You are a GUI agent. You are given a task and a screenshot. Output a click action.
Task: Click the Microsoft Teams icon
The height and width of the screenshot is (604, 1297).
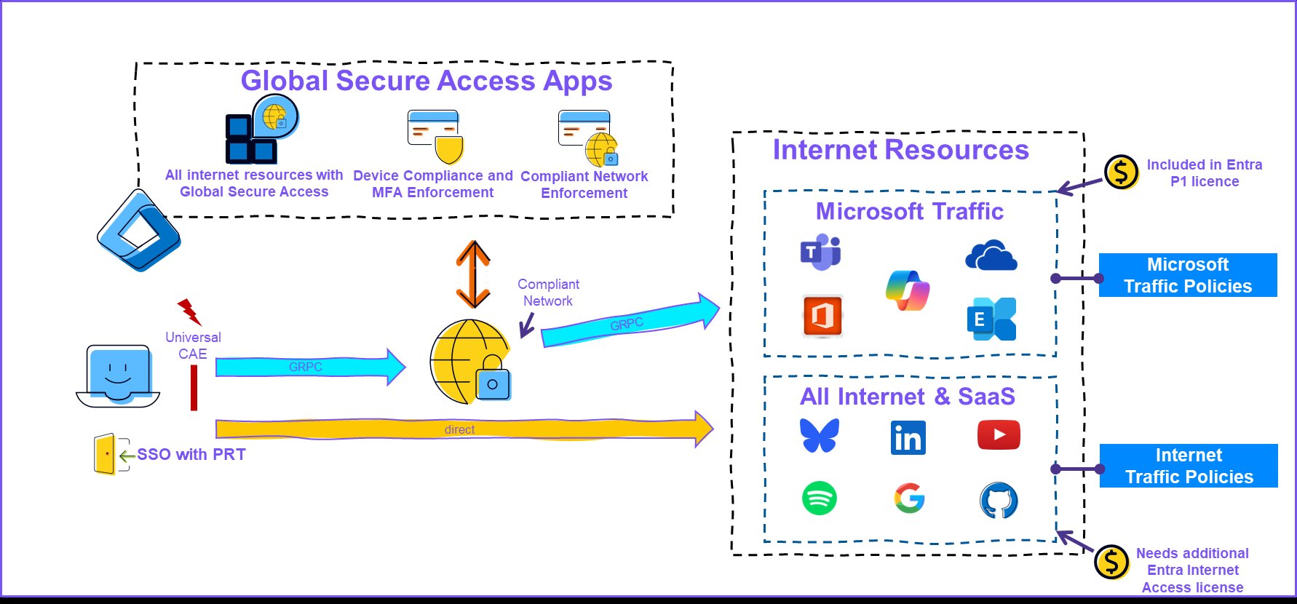[821, 253]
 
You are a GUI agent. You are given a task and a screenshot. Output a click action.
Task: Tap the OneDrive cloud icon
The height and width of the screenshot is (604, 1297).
[991, 256]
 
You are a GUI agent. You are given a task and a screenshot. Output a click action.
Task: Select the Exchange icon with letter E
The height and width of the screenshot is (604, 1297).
[992, 319]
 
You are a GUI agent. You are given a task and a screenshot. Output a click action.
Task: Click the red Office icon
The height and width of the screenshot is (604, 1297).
[822, 316]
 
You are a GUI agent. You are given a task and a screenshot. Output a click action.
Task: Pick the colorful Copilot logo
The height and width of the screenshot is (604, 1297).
[908, 290]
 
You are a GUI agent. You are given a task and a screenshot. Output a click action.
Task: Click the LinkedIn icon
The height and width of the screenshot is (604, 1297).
[908, 438]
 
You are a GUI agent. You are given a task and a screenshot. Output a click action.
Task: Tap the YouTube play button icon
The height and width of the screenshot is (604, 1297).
[999, 435]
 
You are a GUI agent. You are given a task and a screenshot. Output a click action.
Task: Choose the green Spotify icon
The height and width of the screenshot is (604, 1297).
[820, 498]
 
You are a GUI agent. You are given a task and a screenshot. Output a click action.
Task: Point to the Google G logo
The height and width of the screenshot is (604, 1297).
[909, 499]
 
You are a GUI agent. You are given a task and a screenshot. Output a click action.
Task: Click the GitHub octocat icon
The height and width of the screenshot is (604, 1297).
[999, 501]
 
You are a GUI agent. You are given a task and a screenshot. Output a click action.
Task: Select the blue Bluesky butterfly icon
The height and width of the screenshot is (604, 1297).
[820, 435]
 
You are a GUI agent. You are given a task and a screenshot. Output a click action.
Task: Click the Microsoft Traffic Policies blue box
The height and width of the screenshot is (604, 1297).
[1187, 275]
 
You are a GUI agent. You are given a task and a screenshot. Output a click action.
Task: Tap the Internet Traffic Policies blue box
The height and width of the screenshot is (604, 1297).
[1189, 466]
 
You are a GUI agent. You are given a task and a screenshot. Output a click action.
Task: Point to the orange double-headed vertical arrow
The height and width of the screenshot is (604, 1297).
[473, 274]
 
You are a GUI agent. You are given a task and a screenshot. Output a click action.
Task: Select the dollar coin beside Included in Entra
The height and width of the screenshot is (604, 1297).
[1121, 172]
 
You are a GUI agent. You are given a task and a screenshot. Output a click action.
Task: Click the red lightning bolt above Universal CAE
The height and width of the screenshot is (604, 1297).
[189, 311]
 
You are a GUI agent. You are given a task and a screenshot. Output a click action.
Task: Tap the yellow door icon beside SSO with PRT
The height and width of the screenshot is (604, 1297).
[105, 454]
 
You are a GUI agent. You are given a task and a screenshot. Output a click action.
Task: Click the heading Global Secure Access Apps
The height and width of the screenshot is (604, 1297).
[427, 81]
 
